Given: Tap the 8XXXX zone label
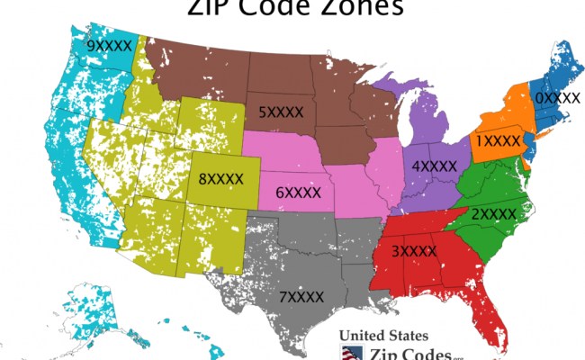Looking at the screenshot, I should pyautogui.click(x=221, y=179).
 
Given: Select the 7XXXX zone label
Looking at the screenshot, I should pyautogui.click(x=301, y=296).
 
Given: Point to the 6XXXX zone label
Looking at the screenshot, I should pyautogui.click(x=298, y=192).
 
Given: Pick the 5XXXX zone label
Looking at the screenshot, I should pyautogui.click(x=280, y=112).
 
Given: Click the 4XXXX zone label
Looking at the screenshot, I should pyautogui.click(x=435, y=166).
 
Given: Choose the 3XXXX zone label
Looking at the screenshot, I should pyautogui.click(x=413, y=251).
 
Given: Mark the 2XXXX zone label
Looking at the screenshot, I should pyautogui.click(x=494, y=214).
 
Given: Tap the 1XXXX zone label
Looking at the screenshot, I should pyautogui.click(x=498, y=141).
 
